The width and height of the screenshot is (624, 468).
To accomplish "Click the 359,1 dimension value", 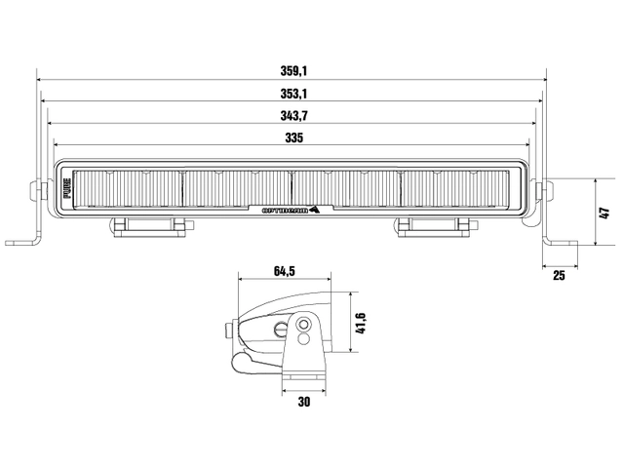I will (293, 71).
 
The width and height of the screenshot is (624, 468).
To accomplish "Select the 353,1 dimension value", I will (293, 94).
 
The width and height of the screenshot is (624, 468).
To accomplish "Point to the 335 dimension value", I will (293, 138).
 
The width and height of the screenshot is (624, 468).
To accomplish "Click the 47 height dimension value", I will (604, 212).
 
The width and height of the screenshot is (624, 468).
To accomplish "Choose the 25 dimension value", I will (559, 276).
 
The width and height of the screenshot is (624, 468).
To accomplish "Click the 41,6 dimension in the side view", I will (361, 322).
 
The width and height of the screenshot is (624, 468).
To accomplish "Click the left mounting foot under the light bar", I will (149, 227).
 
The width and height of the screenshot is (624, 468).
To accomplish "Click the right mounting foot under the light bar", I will (436, 227).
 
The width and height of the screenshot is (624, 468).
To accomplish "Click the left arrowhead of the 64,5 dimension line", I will (241, 278).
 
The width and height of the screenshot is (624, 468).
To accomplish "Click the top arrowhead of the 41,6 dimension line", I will (348, 293).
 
